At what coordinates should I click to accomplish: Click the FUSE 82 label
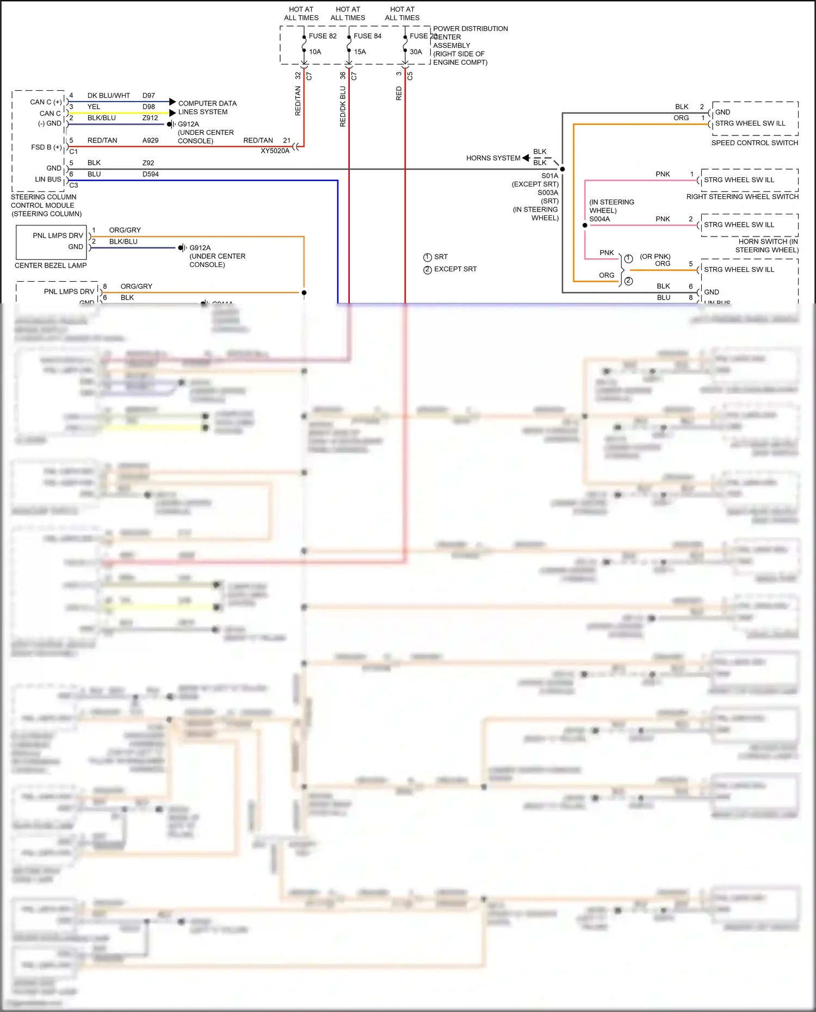point(323,36)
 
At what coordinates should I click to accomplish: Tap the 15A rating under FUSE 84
point(360,52)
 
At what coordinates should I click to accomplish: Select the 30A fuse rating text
point(416,52)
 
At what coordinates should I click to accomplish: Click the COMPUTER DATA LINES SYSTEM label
point(207,108)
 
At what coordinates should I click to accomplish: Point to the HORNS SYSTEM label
point(493,158)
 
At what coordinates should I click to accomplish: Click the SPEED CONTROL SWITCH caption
point(755,143)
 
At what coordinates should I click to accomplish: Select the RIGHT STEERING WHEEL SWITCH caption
point(742,197)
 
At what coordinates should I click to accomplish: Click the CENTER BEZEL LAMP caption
point(51,265)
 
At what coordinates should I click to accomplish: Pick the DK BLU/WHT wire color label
point(109,96)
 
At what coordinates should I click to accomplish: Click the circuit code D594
point(150,175)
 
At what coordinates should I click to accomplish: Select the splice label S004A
point(599,219)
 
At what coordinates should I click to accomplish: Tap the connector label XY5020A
point(275,151)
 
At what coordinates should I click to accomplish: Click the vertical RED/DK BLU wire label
point(343,107)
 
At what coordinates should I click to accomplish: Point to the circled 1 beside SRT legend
point(428,257)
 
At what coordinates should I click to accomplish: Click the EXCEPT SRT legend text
point(455,269)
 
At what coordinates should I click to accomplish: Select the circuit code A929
point(150,140)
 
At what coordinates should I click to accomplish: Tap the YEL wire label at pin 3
point(94,107)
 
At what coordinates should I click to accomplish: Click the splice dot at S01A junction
point(562,169)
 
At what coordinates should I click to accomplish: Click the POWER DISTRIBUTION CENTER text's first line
point(470,29)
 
